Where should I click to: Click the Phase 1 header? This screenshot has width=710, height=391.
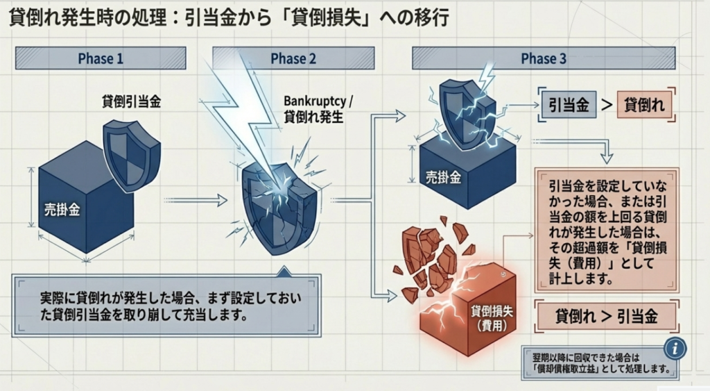pos(101,58)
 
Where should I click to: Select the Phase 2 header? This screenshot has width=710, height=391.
pos(293,58)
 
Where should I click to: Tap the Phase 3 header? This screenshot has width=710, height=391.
pos(544,58)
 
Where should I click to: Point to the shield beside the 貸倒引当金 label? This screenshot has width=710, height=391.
pos(130,154)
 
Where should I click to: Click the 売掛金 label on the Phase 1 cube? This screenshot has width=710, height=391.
pos(62,209)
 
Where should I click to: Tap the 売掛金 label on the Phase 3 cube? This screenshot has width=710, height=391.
pos(444,176)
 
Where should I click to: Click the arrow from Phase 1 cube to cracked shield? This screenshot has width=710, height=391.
pos(198,200)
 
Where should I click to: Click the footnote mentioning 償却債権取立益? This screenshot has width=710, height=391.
pos(600,363)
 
